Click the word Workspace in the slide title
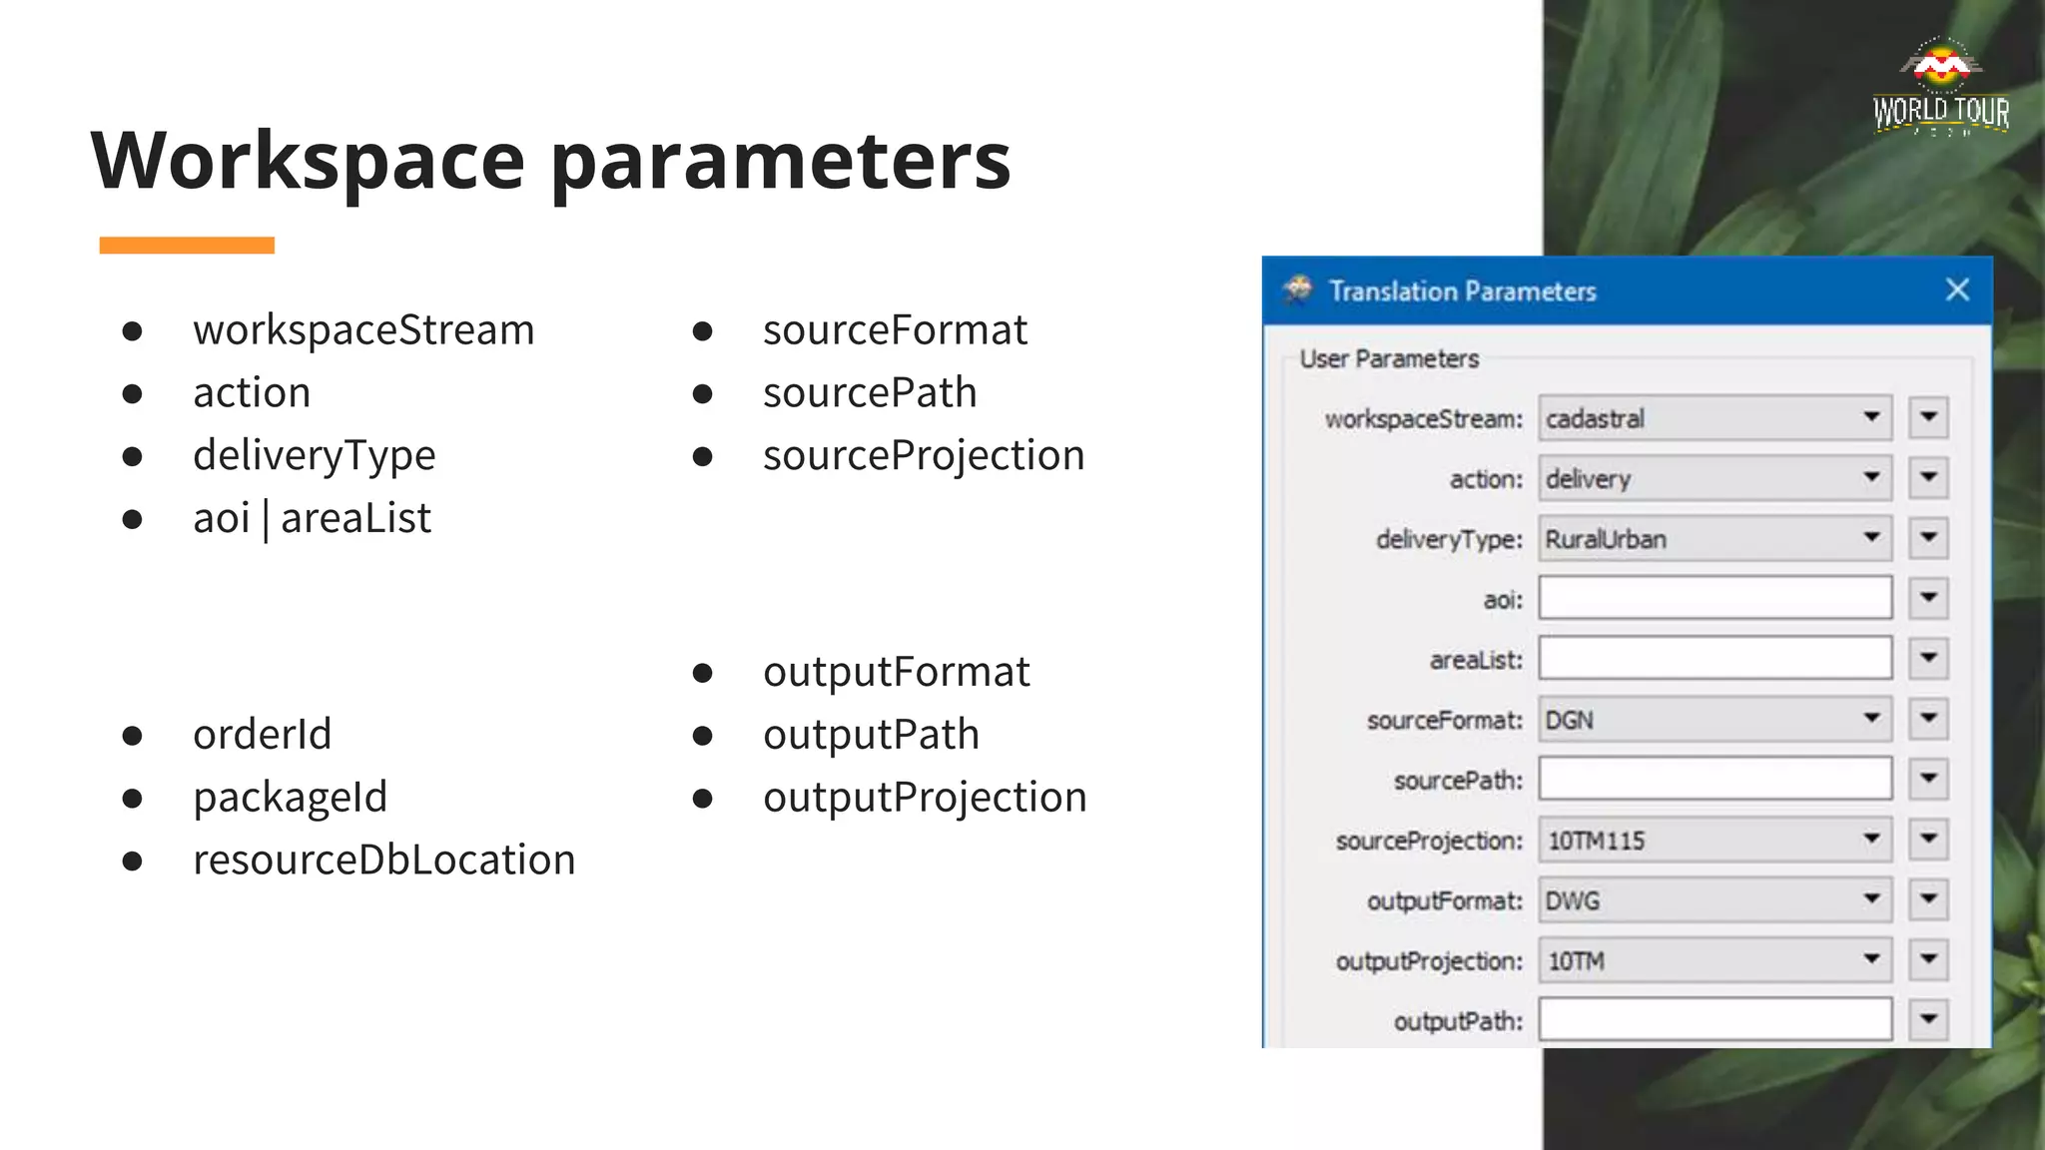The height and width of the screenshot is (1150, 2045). point(308,162)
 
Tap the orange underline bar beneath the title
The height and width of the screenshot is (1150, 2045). point(187,246)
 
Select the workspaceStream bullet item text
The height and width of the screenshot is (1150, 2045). point(363,330)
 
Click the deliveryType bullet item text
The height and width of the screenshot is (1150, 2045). point(314,456)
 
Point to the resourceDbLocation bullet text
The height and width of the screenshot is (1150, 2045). point(383,861)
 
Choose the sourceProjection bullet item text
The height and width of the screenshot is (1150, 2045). point(923,456)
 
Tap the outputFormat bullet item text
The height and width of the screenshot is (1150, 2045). point(896,673)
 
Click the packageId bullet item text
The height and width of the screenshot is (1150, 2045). point(290,798)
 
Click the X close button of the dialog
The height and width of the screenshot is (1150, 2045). point(1957,290)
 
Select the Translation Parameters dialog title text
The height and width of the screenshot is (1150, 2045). point(1462,291)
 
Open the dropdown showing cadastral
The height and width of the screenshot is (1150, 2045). point(1713,418)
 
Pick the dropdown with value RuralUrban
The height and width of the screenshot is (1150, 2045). point(1713,539)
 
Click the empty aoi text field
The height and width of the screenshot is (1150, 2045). point(1713,599)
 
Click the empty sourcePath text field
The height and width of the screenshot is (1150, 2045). point(1713,780)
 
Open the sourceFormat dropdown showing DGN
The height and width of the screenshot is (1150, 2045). point(1713,720)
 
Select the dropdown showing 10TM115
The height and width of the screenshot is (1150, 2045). point(1713,841)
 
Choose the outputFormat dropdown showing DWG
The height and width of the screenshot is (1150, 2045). point(1713,900)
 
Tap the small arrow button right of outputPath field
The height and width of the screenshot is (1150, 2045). point(1928,1020)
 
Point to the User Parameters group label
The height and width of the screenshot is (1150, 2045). point(1389,359)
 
